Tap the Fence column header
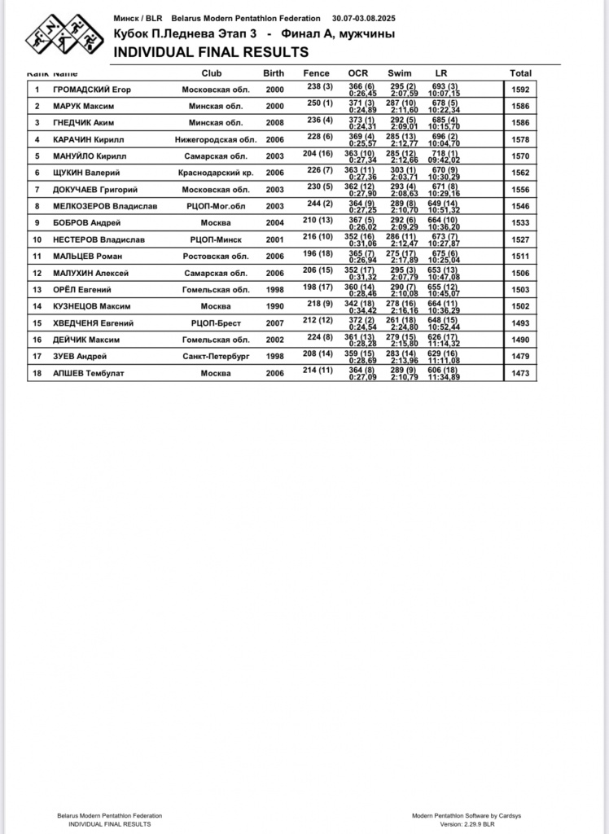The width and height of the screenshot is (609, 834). tap(317, 73)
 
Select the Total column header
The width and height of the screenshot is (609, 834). tap(521, 73)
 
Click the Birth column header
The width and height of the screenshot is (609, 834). tap(274, 73)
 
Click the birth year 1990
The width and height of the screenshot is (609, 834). tap(274, 306)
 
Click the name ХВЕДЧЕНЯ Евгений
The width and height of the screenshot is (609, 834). tap(93, 323)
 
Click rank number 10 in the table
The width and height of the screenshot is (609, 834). tap(37, 239)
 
